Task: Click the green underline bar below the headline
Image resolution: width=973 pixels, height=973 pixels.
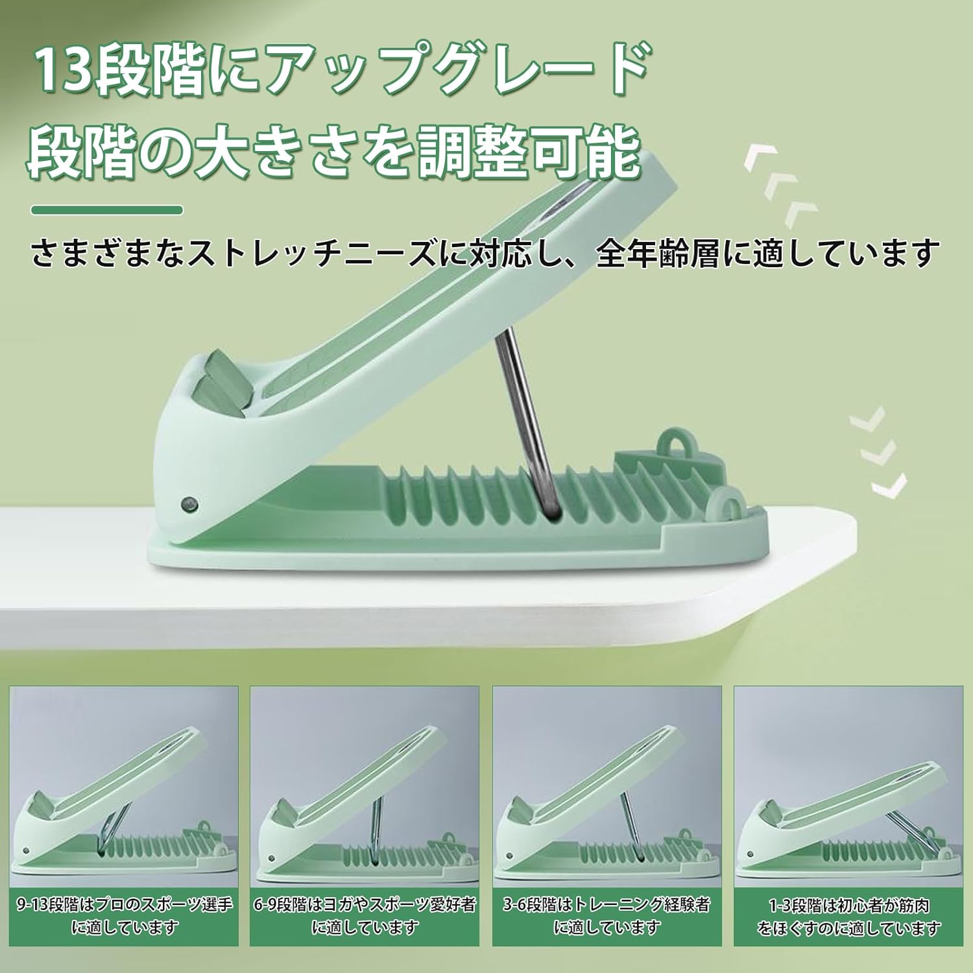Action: [x=107, y=210]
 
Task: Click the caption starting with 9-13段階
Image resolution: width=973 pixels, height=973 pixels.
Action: [x=125, y=915]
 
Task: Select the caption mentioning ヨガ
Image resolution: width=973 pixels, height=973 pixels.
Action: [x=365, y=915]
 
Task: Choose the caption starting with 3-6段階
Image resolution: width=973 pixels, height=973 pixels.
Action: [x=607, y=915]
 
